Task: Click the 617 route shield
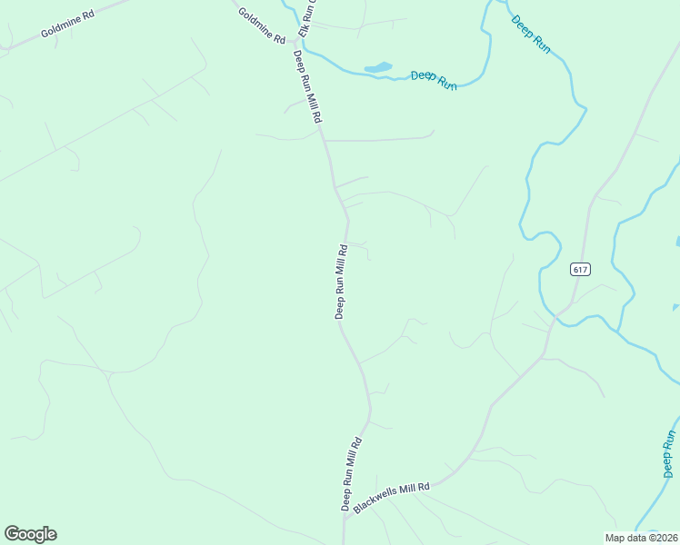click(x=581, y=269)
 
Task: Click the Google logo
click(x=30, y=534)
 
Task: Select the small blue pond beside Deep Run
click(x=378, y=67)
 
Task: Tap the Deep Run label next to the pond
click(x=433, y=80)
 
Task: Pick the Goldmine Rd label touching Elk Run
click(x=261, y=26)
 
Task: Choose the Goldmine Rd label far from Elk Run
click(x=68, y=25)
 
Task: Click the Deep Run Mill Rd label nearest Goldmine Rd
click(x=307, y=86)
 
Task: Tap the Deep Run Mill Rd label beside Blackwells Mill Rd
click(x=351, y=474)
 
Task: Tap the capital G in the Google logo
click(x=12, y=534)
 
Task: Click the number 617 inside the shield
click(x=581, y=269)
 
